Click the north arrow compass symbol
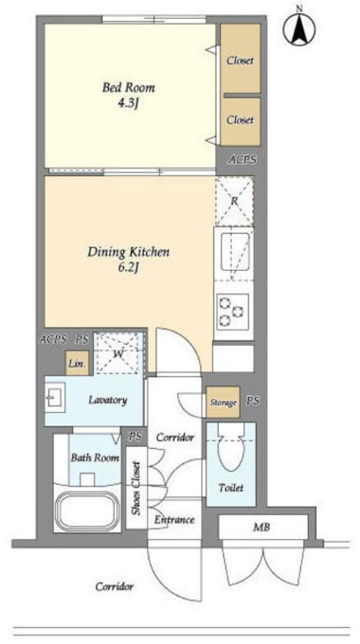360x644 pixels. [299, 28]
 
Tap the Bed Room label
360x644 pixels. [129, 87]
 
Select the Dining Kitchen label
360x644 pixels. [128, 252]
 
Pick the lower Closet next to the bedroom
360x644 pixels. [241, 121]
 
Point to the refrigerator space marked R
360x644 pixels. [234, 201]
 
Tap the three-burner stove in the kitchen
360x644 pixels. [232, 312]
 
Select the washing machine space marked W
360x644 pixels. [118, 353]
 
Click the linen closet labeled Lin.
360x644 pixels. [78, 364]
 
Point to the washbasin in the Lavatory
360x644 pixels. [54, 398]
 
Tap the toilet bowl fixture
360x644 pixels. [231, 448]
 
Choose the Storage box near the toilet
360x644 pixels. [224, 402]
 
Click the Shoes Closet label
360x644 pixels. [136, 488]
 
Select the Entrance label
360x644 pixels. [174, 520]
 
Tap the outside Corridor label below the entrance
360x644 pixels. [115, 586]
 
